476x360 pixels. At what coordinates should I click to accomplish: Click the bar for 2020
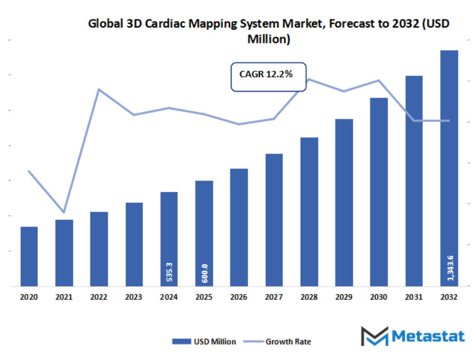point(29,257)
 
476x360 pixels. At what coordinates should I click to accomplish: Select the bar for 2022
point(99,249)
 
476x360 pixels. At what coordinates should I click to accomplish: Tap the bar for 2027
point(274,220)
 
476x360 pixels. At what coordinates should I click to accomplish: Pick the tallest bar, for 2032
point(449,169)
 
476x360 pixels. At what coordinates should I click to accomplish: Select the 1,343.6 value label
point(450,268)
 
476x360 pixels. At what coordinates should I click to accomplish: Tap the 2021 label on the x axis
point(64,298)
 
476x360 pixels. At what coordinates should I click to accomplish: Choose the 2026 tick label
point(239,298)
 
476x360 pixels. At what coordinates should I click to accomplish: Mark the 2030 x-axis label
point(379,298)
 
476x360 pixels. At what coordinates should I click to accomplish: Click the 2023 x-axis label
point(134,298)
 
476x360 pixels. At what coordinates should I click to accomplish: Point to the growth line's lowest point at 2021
point(64,212)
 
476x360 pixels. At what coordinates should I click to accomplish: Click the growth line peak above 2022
point(99,89)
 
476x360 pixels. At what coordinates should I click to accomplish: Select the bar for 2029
point(344,203)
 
